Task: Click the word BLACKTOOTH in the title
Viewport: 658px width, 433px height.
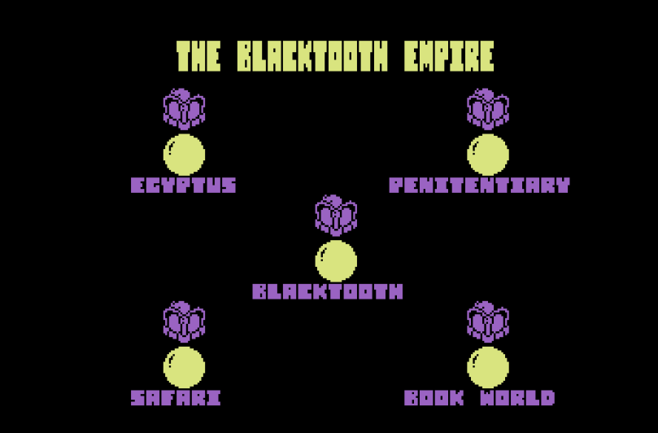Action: pos(312,56)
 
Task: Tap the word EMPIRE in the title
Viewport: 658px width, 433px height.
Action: pos(449,56)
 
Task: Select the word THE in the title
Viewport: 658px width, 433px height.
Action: pos(198,56)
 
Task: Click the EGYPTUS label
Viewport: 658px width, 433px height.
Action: pos(183,185)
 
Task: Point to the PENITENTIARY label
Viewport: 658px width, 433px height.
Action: pos(480,185)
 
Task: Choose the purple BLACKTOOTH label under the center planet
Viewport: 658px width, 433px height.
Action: pos(328,291)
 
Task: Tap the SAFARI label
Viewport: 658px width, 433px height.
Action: pos(176,398)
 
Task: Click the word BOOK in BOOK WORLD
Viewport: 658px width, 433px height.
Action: pos(434,398)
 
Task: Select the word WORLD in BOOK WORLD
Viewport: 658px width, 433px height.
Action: pos(517,398)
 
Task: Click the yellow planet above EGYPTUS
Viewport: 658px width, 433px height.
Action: pos(184,155)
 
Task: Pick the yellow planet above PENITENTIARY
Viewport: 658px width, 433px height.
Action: pos(488,155)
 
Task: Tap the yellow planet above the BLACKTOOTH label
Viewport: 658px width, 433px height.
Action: pos(336,260)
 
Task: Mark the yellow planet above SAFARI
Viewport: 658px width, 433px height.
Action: pos(184,367)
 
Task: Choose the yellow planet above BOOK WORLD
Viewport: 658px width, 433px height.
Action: pos(488,367)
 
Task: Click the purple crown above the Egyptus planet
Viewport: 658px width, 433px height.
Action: pos(184,109)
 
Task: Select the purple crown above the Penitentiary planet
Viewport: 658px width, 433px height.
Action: pos(488,109)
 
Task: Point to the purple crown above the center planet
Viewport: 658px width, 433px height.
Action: pos(336,215)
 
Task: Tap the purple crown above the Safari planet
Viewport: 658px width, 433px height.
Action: pos(184,321)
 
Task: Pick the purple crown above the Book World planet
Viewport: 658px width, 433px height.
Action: pos(488,321)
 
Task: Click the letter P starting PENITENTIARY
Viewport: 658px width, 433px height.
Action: pos(396,185)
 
